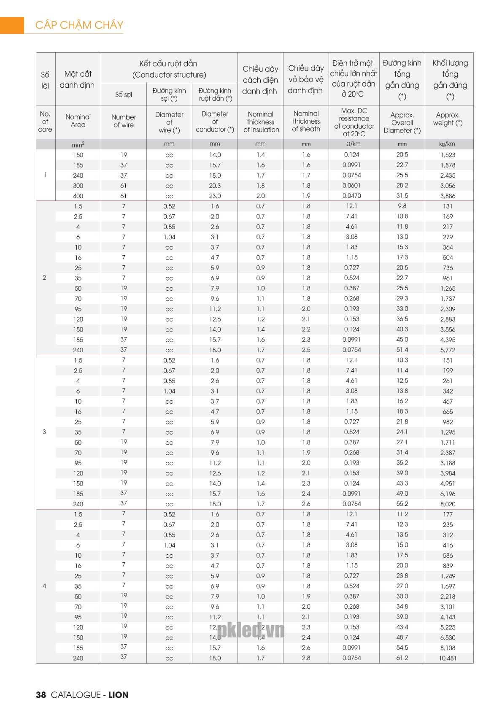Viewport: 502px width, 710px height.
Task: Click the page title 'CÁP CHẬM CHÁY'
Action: pos(79,25)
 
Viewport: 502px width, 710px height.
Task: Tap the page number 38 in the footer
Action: pos(41,695)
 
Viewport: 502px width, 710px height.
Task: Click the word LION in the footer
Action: pos(118,695)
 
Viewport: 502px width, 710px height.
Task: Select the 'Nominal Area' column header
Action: pos(78,121)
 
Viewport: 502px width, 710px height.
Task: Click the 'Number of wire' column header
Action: pos(124,121)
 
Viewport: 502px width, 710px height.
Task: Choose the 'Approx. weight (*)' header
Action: pos(448,119)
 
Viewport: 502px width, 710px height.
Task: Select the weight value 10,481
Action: pos(448,658)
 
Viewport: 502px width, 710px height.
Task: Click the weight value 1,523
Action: pos(448,155)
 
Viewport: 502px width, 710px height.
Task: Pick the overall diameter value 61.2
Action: pos(402,658)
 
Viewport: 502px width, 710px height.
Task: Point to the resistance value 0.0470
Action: pos(351,196)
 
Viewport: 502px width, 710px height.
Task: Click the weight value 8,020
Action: pos(448,504)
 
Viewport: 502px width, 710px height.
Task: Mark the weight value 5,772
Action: pos(448,350)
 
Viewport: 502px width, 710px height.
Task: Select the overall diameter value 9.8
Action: pos(402,206)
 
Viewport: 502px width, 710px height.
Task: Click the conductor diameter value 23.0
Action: pos(215,196)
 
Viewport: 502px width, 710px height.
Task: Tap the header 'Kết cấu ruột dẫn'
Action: pos(169,64)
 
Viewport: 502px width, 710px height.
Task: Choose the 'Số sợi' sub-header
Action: pos(124,94)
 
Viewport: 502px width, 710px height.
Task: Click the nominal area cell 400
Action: pos(78,196)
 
